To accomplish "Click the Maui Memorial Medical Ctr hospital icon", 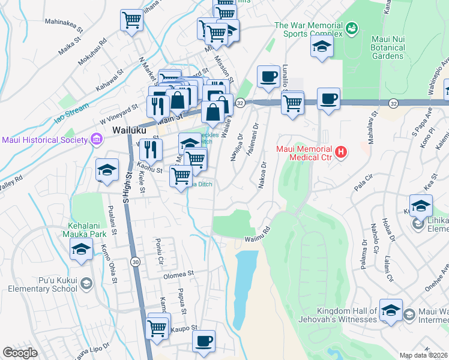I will pyautogui.click(x=341, y=152).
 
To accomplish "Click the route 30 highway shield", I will pyautogui.click(x=136, y=262).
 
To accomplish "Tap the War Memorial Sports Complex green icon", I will pyautogui.click(x=352, y=27).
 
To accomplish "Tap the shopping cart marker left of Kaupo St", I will pyautogui.click(x=157, y=328).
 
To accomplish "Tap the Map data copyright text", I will pyautogui.click(x=424, y=355).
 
